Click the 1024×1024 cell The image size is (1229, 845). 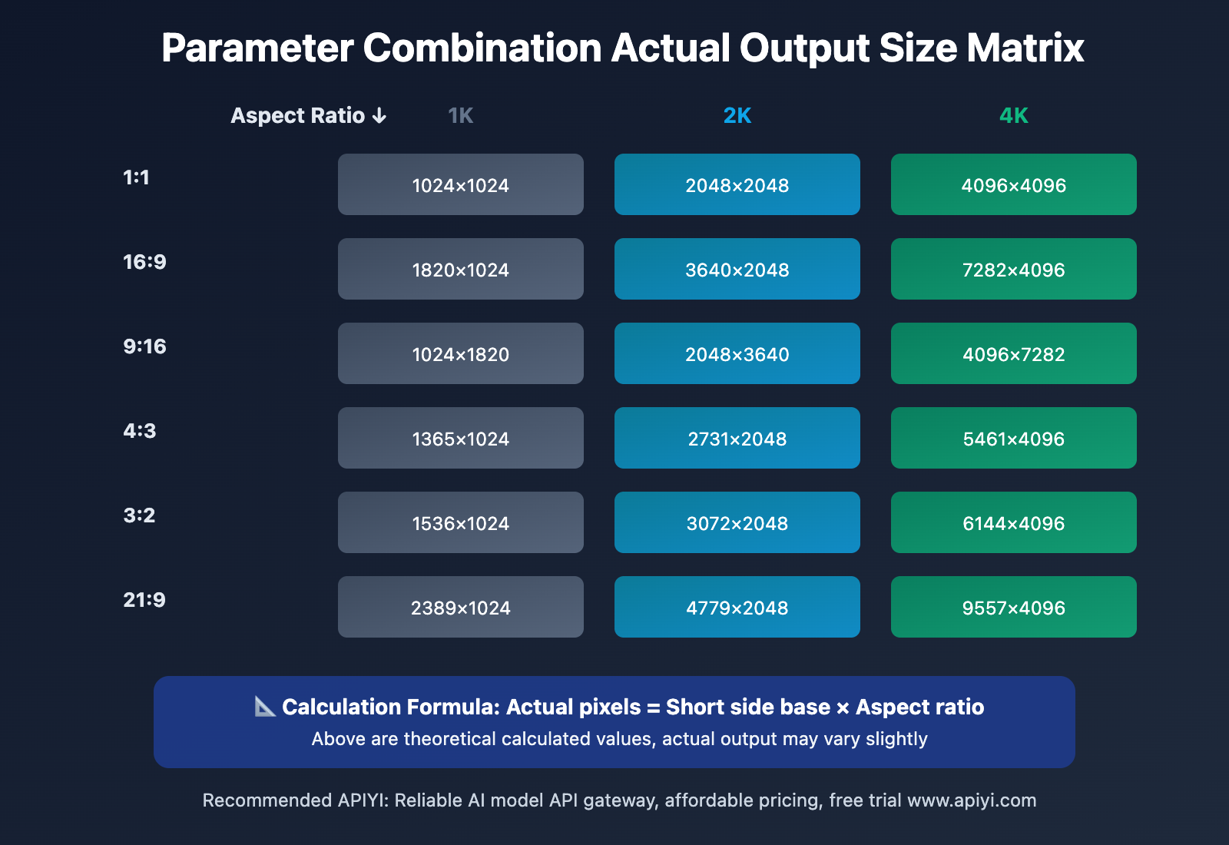[461, 185]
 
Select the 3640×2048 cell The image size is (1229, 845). [737, 270]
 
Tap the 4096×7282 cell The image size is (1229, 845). [1014, 354]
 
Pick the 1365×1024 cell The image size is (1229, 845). [461, 439]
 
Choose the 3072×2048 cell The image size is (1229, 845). [737, 523]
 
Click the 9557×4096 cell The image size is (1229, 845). [1014, 608]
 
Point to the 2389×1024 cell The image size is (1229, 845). [461, 608]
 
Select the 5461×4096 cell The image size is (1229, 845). [1014, 439]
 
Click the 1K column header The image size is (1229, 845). [461, 116]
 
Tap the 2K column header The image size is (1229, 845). [737, 116]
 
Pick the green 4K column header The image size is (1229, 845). [1014, 116]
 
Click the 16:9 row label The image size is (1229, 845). [144, 262]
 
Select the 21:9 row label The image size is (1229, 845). [144, 600]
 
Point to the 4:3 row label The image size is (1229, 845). [140, 431]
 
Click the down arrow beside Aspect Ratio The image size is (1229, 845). [379, 116]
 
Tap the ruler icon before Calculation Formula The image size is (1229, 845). [265, 706]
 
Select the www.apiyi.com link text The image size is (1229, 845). [972, 800]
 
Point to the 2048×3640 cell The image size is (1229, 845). [737, 354]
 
